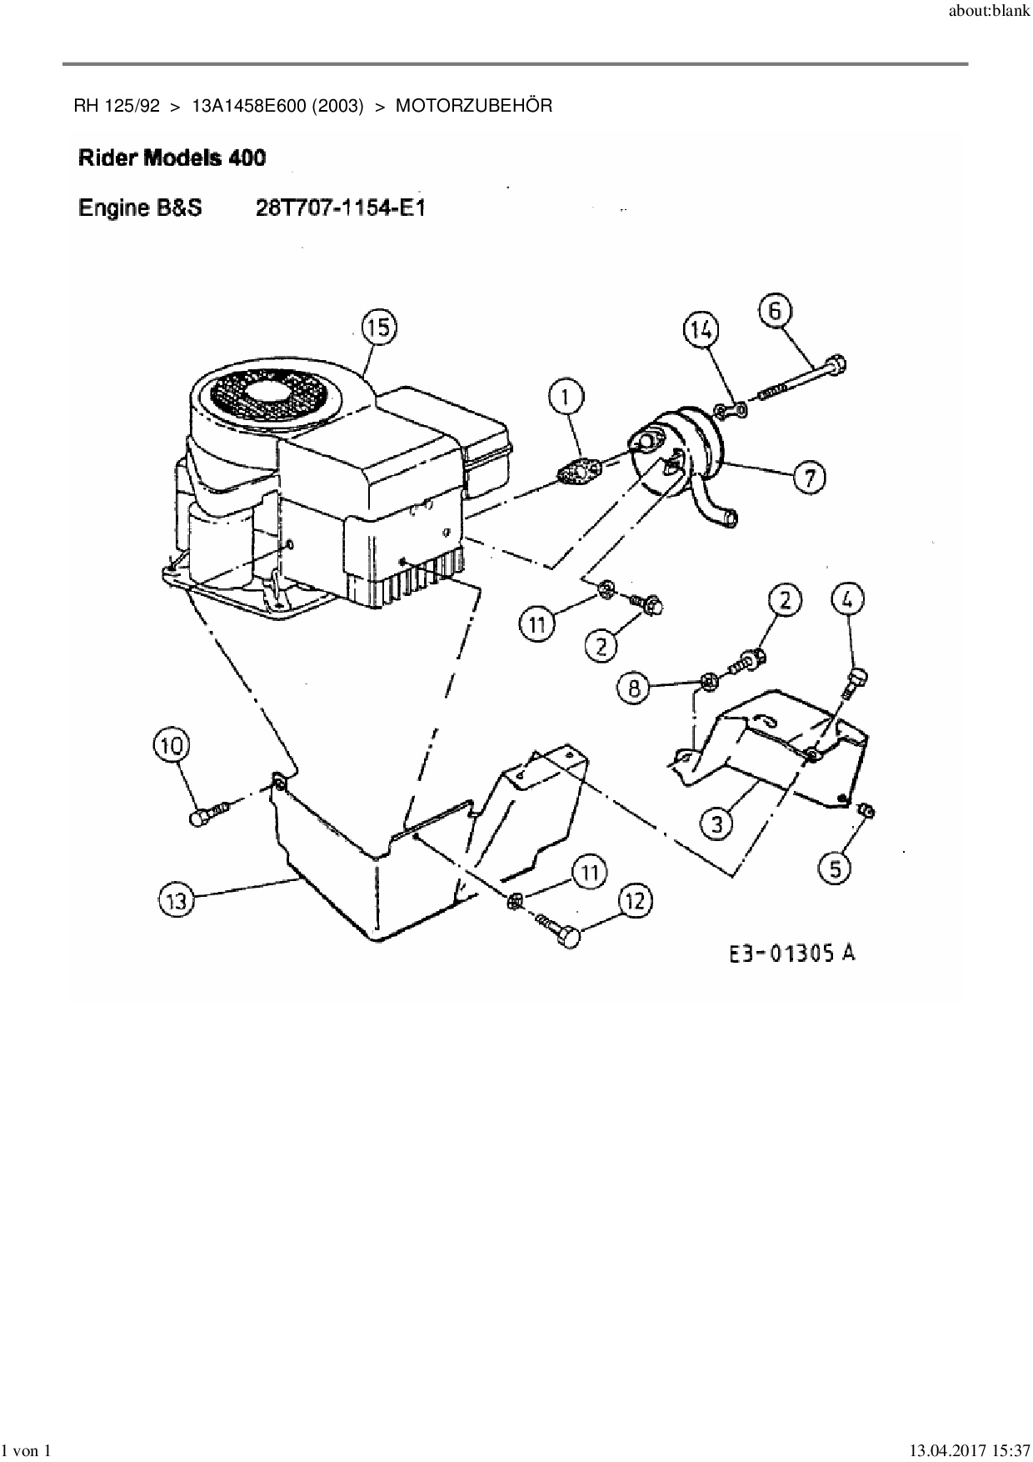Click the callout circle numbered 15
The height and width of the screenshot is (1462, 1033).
coord(379,328)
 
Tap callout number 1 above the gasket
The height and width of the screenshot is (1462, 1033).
coord(567,398)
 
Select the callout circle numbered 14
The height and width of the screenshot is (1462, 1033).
coord(701,330)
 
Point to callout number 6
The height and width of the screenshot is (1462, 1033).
coord(775,312)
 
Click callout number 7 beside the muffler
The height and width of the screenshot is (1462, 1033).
coord(809,478)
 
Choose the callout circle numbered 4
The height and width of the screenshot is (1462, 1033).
coord(847,598)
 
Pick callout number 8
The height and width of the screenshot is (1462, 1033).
coord(635,688)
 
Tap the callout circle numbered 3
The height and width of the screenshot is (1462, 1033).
coord(716,824)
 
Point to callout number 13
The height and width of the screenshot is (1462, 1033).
coord(176,900)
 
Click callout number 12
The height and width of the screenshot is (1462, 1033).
coord(636,901)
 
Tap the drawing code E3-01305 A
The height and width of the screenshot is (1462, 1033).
coord(792,953)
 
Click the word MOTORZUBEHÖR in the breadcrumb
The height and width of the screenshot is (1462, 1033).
coord(473,106)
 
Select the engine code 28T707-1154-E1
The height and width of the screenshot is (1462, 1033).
coord(340,208)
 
